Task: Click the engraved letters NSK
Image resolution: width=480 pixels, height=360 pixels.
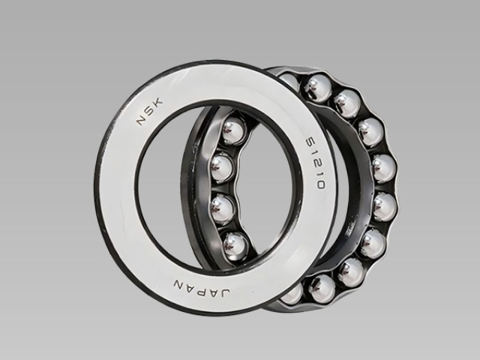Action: click(x=150, y=112)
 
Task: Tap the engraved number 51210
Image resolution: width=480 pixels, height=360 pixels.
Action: click(x=315, y=163)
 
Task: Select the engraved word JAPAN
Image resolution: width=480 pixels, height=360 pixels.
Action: click(x=202, y=288)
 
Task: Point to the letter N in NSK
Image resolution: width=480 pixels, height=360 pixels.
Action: click(x=142, y=119)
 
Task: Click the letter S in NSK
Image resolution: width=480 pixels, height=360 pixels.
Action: click(x=150, y=111)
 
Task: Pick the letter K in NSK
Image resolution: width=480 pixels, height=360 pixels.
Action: click(x=158, y=103)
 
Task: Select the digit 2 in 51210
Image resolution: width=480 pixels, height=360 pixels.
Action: click(x=315, y=163)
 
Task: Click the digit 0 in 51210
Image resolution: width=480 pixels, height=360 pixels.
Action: click(x=320, y=184)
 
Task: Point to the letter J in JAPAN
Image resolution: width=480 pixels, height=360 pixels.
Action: click(x=224, y=292)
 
